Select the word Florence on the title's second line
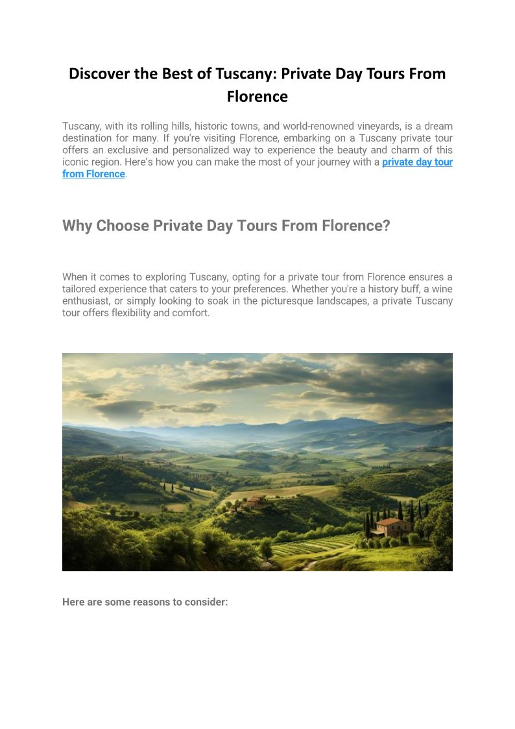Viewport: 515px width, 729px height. (257, 97)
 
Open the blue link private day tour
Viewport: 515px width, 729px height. (417, 162)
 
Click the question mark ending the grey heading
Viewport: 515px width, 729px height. (387, 226)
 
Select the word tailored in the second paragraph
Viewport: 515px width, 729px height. (80, 289)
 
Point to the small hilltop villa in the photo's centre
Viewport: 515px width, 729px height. (256, 501)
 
